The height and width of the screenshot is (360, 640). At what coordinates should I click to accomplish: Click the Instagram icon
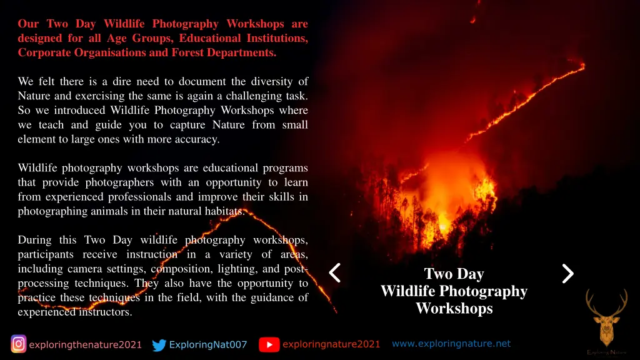tap(19, 344)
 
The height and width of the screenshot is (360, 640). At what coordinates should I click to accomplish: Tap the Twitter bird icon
tap(159, 345)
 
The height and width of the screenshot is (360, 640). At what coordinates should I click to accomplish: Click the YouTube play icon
tap(269, 344)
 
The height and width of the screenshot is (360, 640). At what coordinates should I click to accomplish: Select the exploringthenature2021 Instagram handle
tap(85, 345)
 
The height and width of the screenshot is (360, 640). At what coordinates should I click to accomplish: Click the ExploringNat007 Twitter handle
tap(208, 345)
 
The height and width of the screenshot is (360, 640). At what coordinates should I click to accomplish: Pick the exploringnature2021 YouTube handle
tap(331, 344)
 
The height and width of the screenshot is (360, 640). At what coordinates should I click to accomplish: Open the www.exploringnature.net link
tap(451, 344)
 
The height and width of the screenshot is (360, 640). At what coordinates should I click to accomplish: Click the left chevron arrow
tap(335, 273)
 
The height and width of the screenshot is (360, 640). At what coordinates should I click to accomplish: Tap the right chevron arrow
tap(567, 273)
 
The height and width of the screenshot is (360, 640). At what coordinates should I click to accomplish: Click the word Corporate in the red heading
tap(45, 52)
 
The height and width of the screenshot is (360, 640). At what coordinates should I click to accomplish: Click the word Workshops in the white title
tap(454, 309)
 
